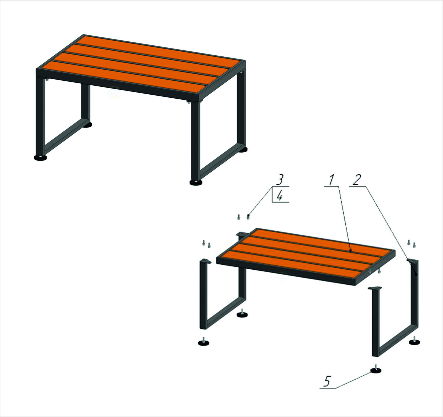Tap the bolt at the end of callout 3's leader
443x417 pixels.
[248, 217]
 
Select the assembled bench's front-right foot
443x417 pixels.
[196, 182]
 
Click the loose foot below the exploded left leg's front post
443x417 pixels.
[204, 342]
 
